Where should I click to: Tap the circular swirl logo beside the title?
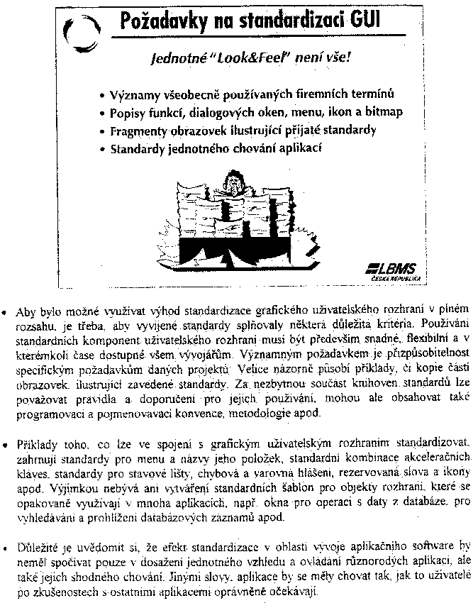click(77, 33)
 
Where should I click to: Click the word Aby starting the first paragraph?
click(26, 310)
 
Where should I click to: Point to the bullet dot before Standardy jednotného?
click(103, 150)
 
